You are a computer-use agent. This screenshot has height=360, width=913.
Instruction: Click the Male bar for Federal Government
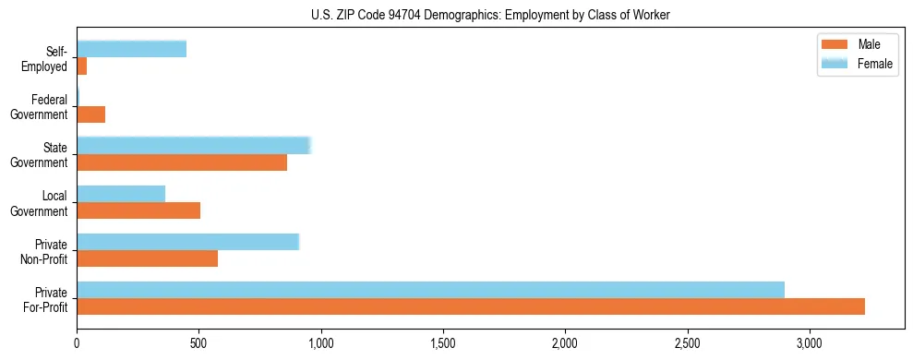91,114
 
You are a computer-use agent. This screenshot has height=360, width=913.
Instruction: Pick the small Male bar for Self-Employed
82,66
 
